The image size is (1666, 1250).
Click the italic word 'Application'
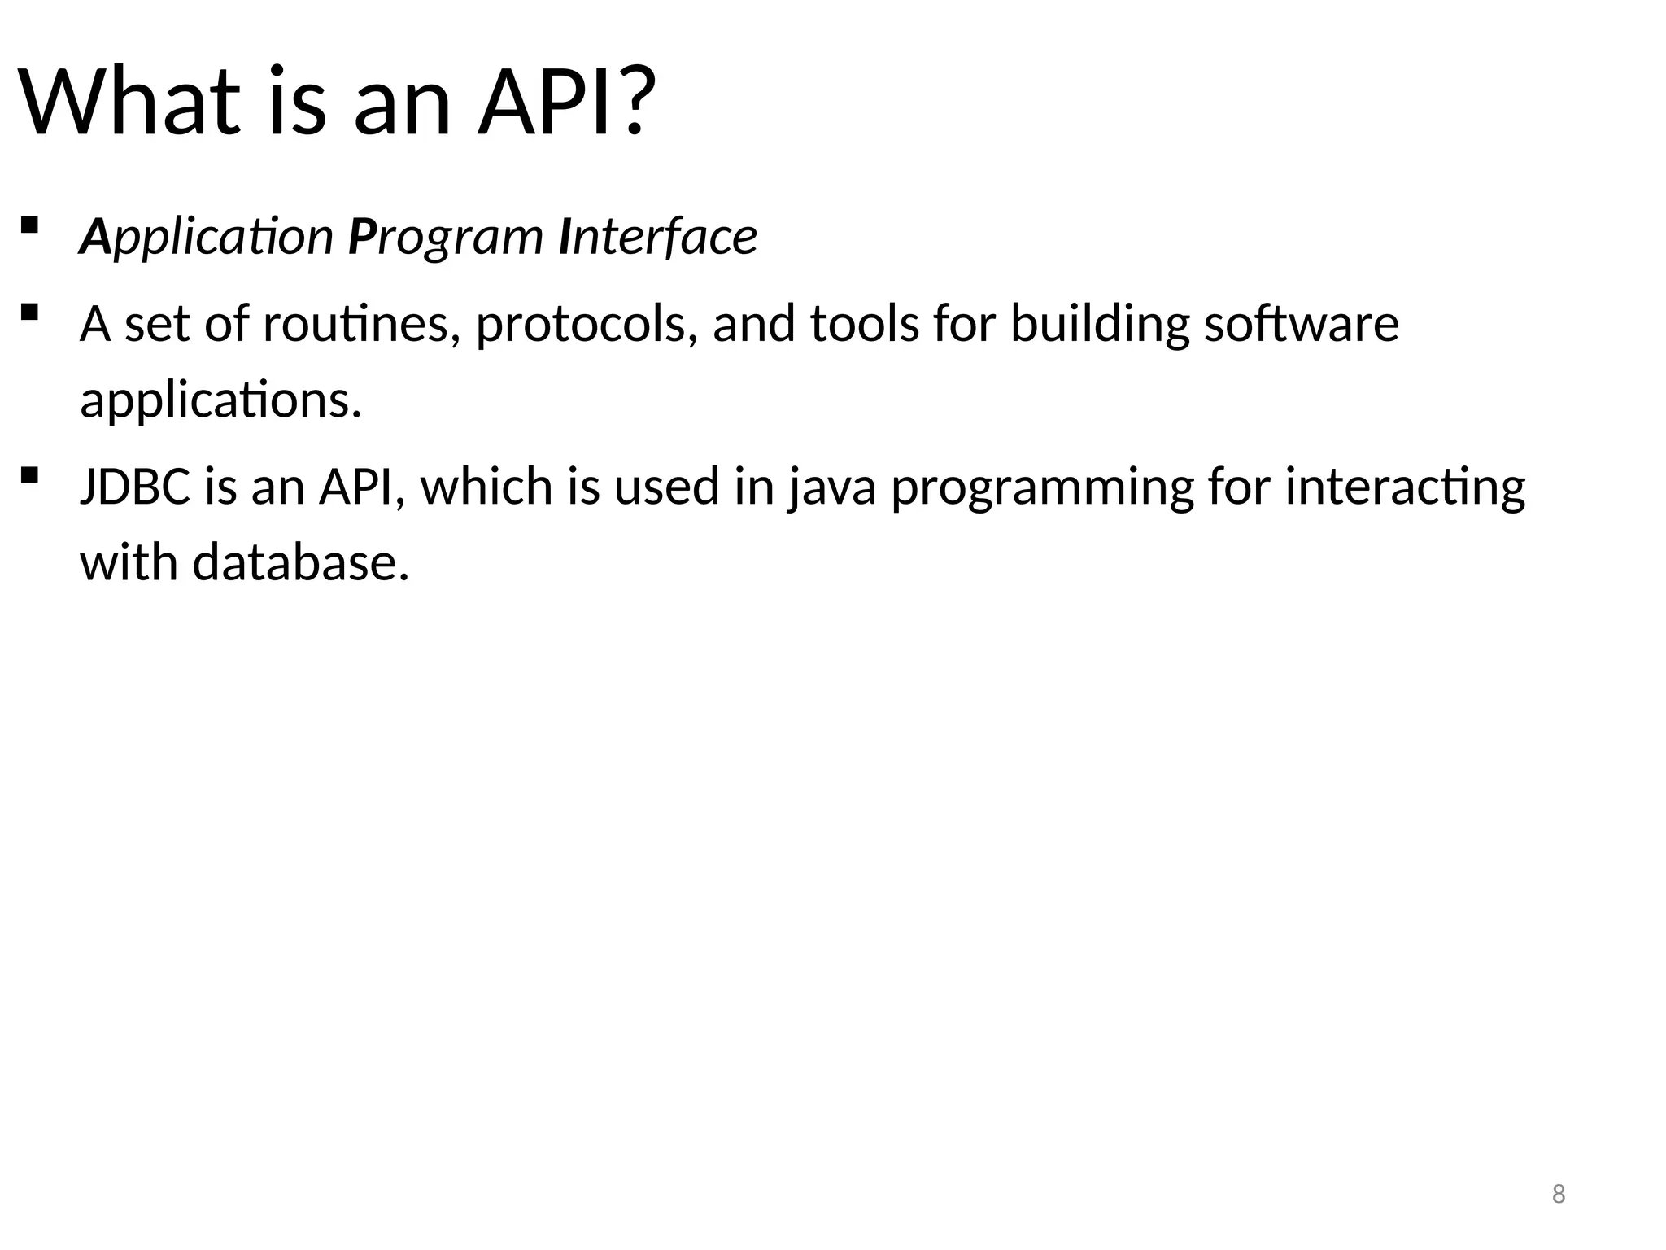coord(206,237)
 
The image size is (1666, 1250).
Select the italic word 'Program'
coord(445,237)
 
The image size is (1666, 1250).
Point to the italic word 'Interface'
coord(658,237)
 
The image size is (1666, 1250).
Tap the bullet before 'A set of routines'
coord(29,312)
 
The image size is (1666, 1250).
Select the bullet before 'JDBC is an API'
coord(29,474)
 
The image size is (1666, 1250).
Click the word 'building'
coord(1100,324)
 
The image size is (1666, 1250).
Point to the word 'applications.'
coord(220,400)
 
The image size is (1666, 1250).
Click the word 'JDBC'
coord(135,487)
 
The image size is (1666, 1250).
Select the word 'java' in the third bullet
coord(831,487)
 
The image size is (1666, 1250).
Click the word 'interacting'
coord(1405,487)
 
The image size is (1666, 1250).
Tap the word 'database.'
coord(300,562)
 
